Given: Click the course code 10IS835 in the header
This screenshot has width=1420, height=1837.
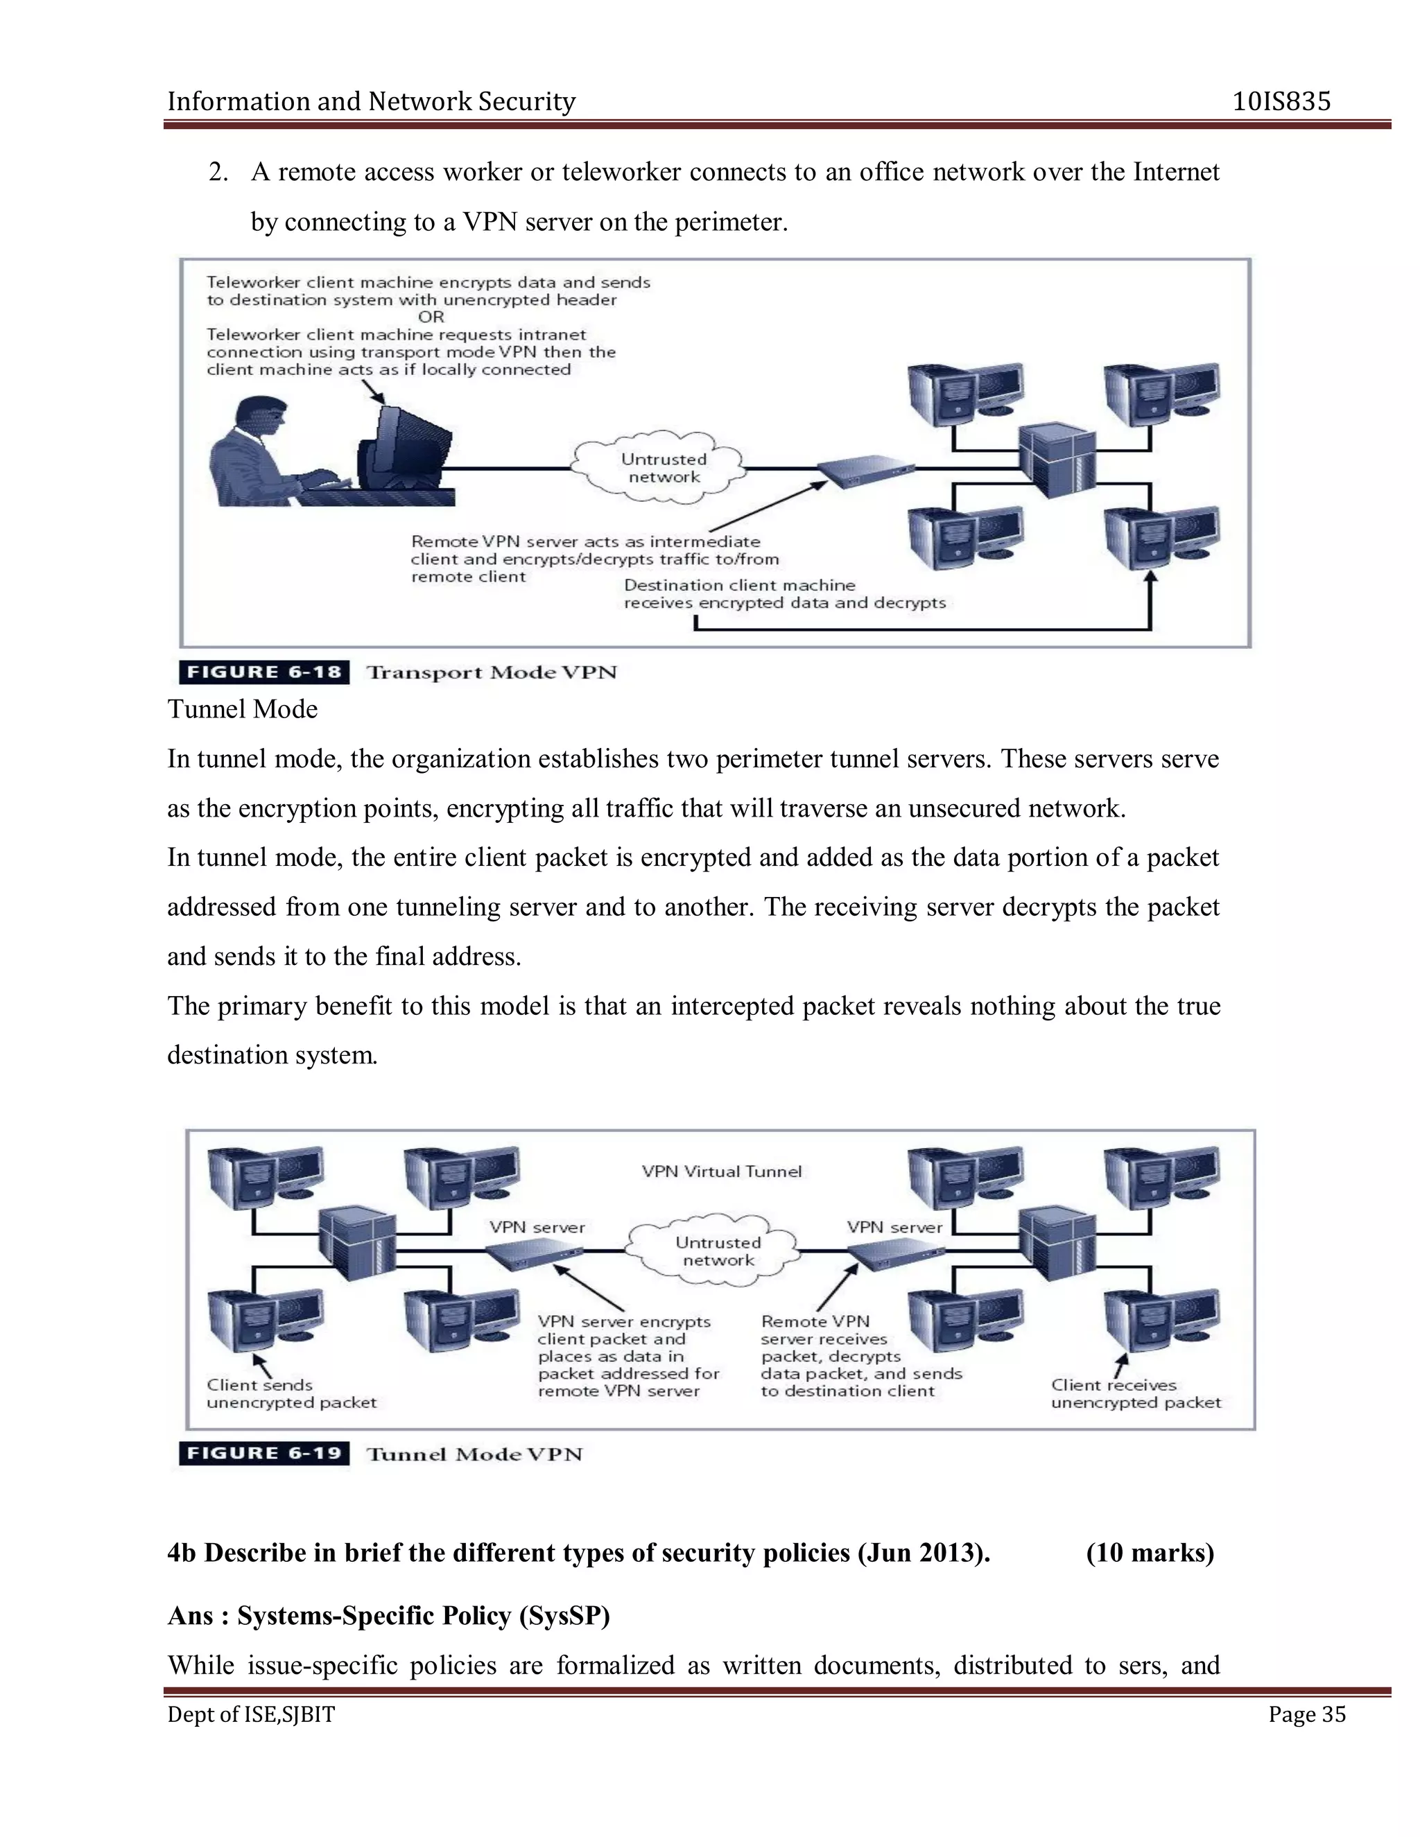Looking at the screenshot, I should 1281,102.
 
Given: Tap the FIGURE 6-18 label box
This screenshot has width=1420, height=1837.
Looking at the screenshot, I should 264,672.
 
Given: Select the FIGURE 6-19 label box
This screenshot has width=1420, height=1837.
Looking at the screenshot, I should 264,1454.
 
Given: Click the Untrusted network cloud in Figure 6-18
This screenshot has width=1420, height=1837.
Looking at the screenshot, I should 663,469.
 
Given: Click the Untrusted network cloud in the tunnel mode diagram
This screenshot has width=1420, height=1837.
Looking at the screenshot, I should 717,1251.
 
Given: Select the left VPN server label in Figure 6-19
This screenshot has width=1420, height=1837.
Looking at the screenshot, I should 537,1227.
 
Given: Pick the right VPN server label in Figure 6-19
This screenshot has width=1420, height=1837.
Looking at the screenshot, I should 894,1227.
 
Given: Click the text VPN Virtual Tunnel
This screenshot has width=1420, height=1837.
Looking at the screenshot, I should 722,1172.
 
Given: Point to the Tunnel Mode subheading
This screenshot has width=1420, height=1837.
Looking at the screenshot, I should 242,709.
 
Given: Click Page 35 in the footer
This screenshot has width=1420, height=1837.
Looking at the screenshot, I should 1306,1715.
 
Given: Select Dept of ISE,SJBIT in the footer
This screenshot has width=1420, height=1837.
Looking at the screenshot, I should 251,1715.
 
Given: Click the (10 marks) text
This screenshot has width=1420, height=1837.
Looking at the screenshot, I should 1150,1552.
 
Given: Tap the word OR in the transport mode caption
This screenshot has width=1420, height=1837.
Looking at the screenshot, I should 431,317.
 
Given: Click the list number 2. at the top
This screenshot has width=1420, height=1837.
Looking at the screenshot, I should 218,173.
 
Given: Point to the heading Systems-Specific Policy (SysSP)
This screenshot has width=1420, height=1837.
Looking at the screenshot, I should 423,1615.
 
